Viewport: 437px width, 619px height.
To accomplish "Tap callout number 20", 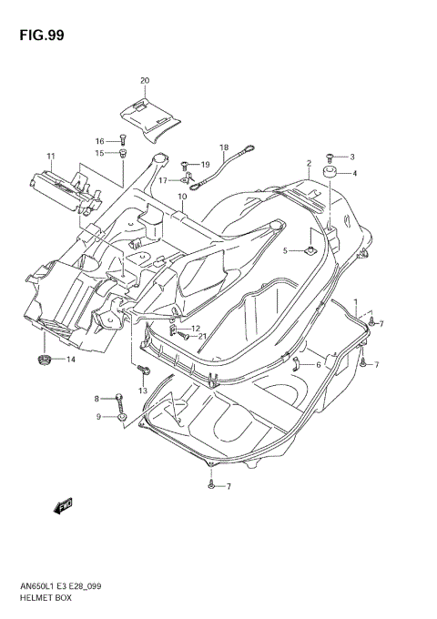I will pos(144,81).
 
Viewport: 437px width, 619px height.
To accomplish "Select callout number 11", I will pos(52,157).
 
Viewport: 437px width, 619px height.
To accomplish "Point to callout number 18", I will pos(223,147).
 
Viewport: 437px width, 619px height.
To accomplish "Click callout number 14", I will pos(71,360).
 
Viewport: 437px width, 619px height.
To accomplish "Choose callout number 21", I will pos(202,337).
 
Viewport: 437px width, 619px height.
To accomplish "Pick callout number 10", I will pos(182,197).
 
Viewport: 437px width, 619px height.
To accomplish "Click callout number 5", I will pos(285,250).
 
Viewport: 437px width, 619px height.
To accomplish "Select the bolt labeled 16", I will pos(122,140).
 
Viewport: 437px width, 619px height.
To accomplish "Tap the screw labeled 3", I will pos(330,157).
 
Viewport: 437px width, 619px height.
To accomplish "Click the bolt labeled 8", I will pos(119,398).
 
